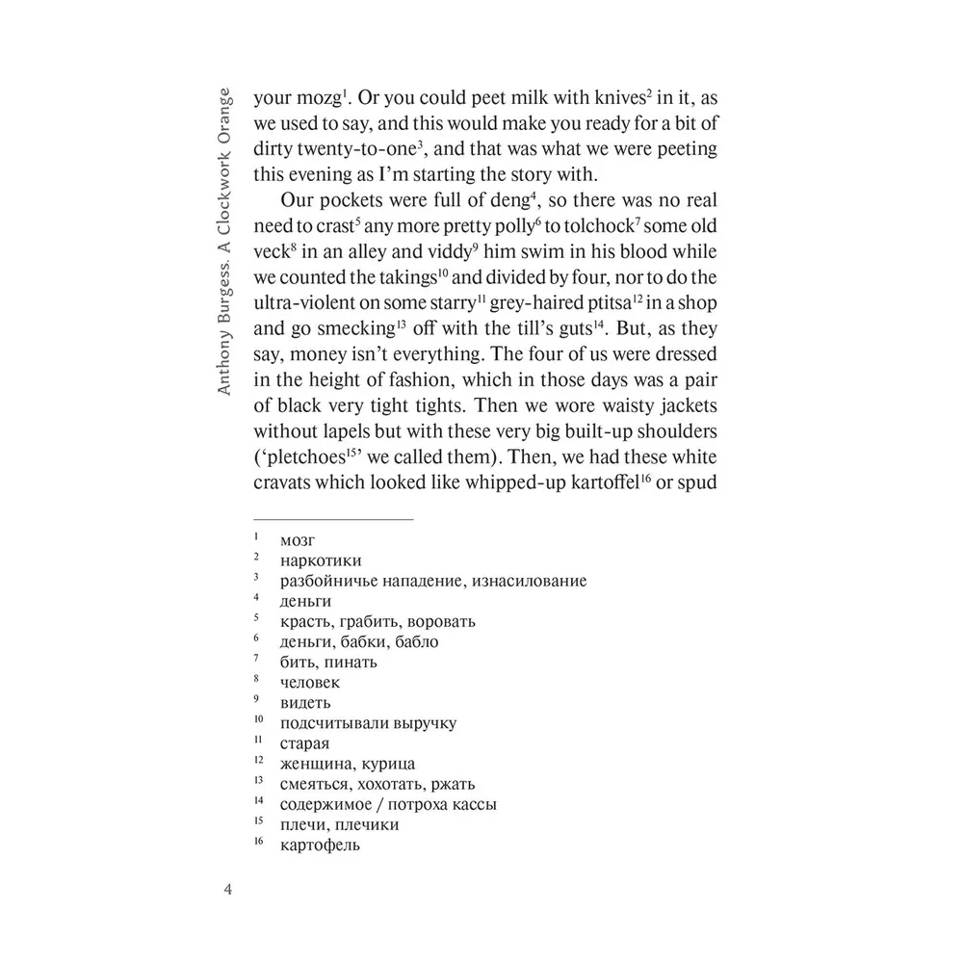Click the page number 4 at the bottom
[x=228, y=888]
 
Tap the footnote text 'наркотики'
[x=322, y=560]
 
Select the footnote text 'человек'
[x=310, y=682]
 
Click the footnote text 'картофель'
[x=320, y=845]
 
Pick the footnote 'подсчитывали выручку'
[x=368, y=722]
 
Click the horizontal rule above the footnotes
[x=333, y=520]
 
